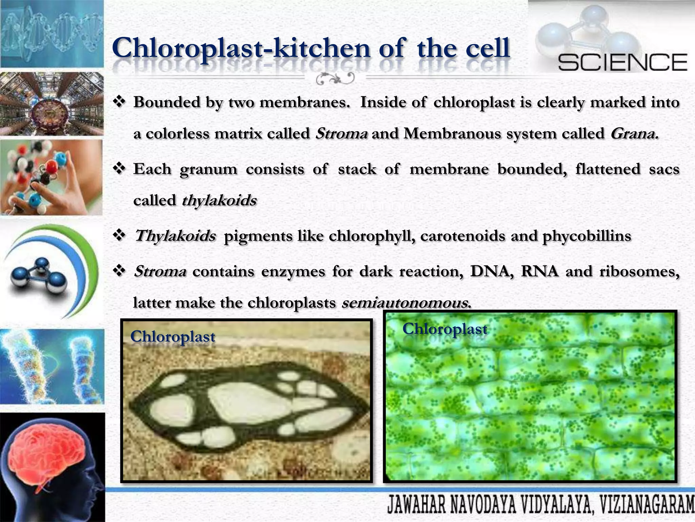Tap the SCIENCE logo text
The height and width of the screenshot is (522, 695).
622,63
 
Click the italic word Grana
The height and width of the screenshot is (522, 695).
634,134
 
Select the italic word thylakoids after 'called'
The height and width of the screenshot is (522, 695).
219,200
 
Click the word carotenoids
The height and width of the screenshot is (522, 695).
463,236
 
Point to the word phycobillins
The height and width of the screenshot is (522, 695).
587,236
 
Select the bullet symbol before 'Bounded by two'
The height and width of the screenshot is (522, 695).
119,102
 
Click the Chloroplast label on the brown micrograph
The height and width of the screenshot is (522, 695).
173,337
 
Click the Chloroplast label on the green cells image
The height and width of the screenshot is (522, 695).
445,329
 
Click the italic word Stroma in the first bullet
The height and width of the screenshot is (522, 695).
341,134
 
